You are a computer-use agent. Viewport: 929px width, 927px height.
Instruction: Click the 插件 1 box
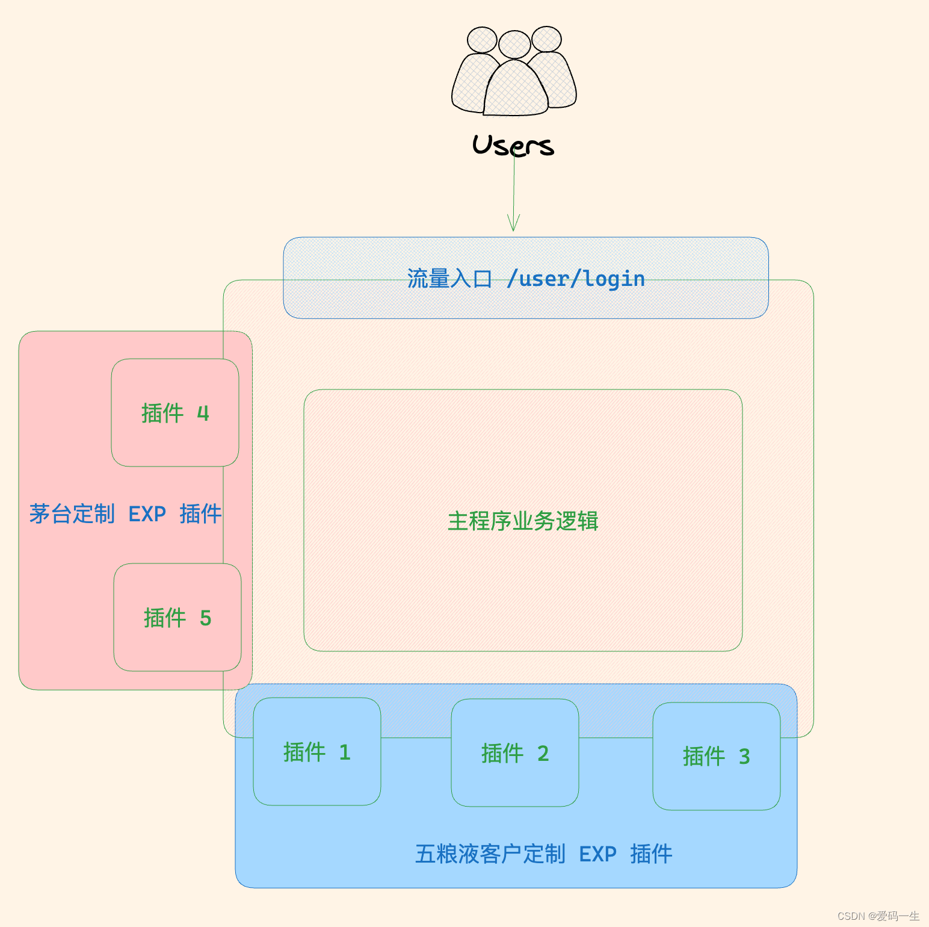pos(316,751)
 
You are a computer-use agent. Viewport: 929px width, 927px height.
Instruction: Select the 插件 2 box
pos(514,752)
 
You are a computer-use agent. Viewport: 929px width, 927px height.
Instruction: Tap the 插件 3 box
pos(716,756)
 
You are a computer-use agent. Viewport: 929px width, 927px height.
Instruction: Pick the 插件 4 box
pos(174,413)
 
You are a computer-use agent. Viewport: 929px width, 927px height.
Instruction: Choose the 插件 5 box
pos(177,618)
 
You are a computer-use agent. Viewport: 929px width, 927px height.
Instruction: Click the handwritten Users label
pos(513,146)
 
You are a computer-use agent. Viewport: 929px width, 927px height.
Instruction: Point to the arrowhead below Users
pos(513,224)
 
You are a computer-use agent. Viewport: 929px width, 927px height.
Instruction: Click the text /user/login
pos(576,279)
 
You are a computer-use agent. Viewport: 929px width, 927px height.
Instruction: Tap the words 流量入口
pos(449,279)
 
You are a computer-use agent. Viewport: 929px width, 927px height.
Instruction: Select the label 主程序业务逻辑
pos(522,521)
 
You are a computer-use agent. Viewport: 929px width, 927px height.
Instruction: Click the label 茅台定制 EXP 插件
pos(125,513)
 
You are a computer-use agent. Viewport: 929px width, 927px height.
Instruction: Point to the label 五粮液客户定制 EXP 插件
pos(543,854)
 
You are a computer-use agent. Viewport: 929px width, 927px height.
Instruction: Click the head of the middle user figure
pos(514,45)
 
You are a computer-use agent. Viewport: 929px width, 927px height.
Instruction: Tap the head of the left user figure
pos(482,40)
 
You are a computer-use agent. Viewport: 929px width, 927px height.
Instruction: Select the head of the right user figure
pos(546,39)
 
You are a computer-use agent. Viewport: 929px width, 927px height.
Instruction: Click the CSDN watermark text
pos(878,916)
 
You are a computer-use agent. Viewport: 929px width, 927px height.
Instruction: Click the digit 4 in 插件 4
pos(203,413)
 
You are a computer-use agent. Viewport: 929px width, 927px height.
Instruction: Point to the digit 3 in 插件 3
pos(744,756)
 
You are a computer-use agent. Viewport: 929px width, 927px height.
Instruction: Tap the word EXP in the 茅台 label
pos(147,513)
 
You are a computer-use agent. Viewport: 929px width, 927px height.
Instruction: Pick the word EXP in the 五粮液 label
pos(597,854)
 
